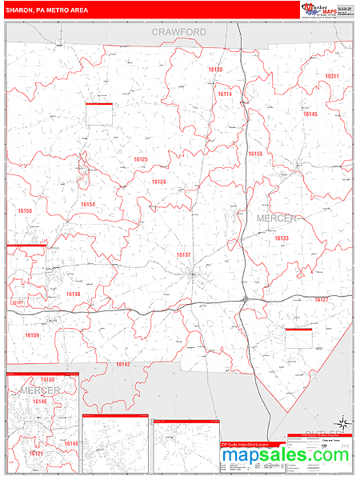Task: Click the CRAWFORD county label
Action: pos(180,32)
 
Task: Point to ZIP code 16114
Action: pos(225,94)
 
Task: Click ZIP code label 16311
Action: pos(332,76)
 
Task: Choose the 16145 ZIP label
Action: pos(310,114)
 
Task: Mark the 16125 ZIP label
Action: pos(141,159)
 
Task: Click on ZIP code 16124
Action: pos(159,182)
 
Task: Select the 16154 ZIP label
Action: pos(87,204)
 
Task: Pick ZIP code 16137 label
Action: pos(184,254)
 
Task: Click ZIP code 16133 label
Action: pos(281,238)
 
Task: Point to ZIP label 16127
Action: pos(321,299)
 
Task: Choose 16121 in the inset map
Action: pos(36,454)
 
